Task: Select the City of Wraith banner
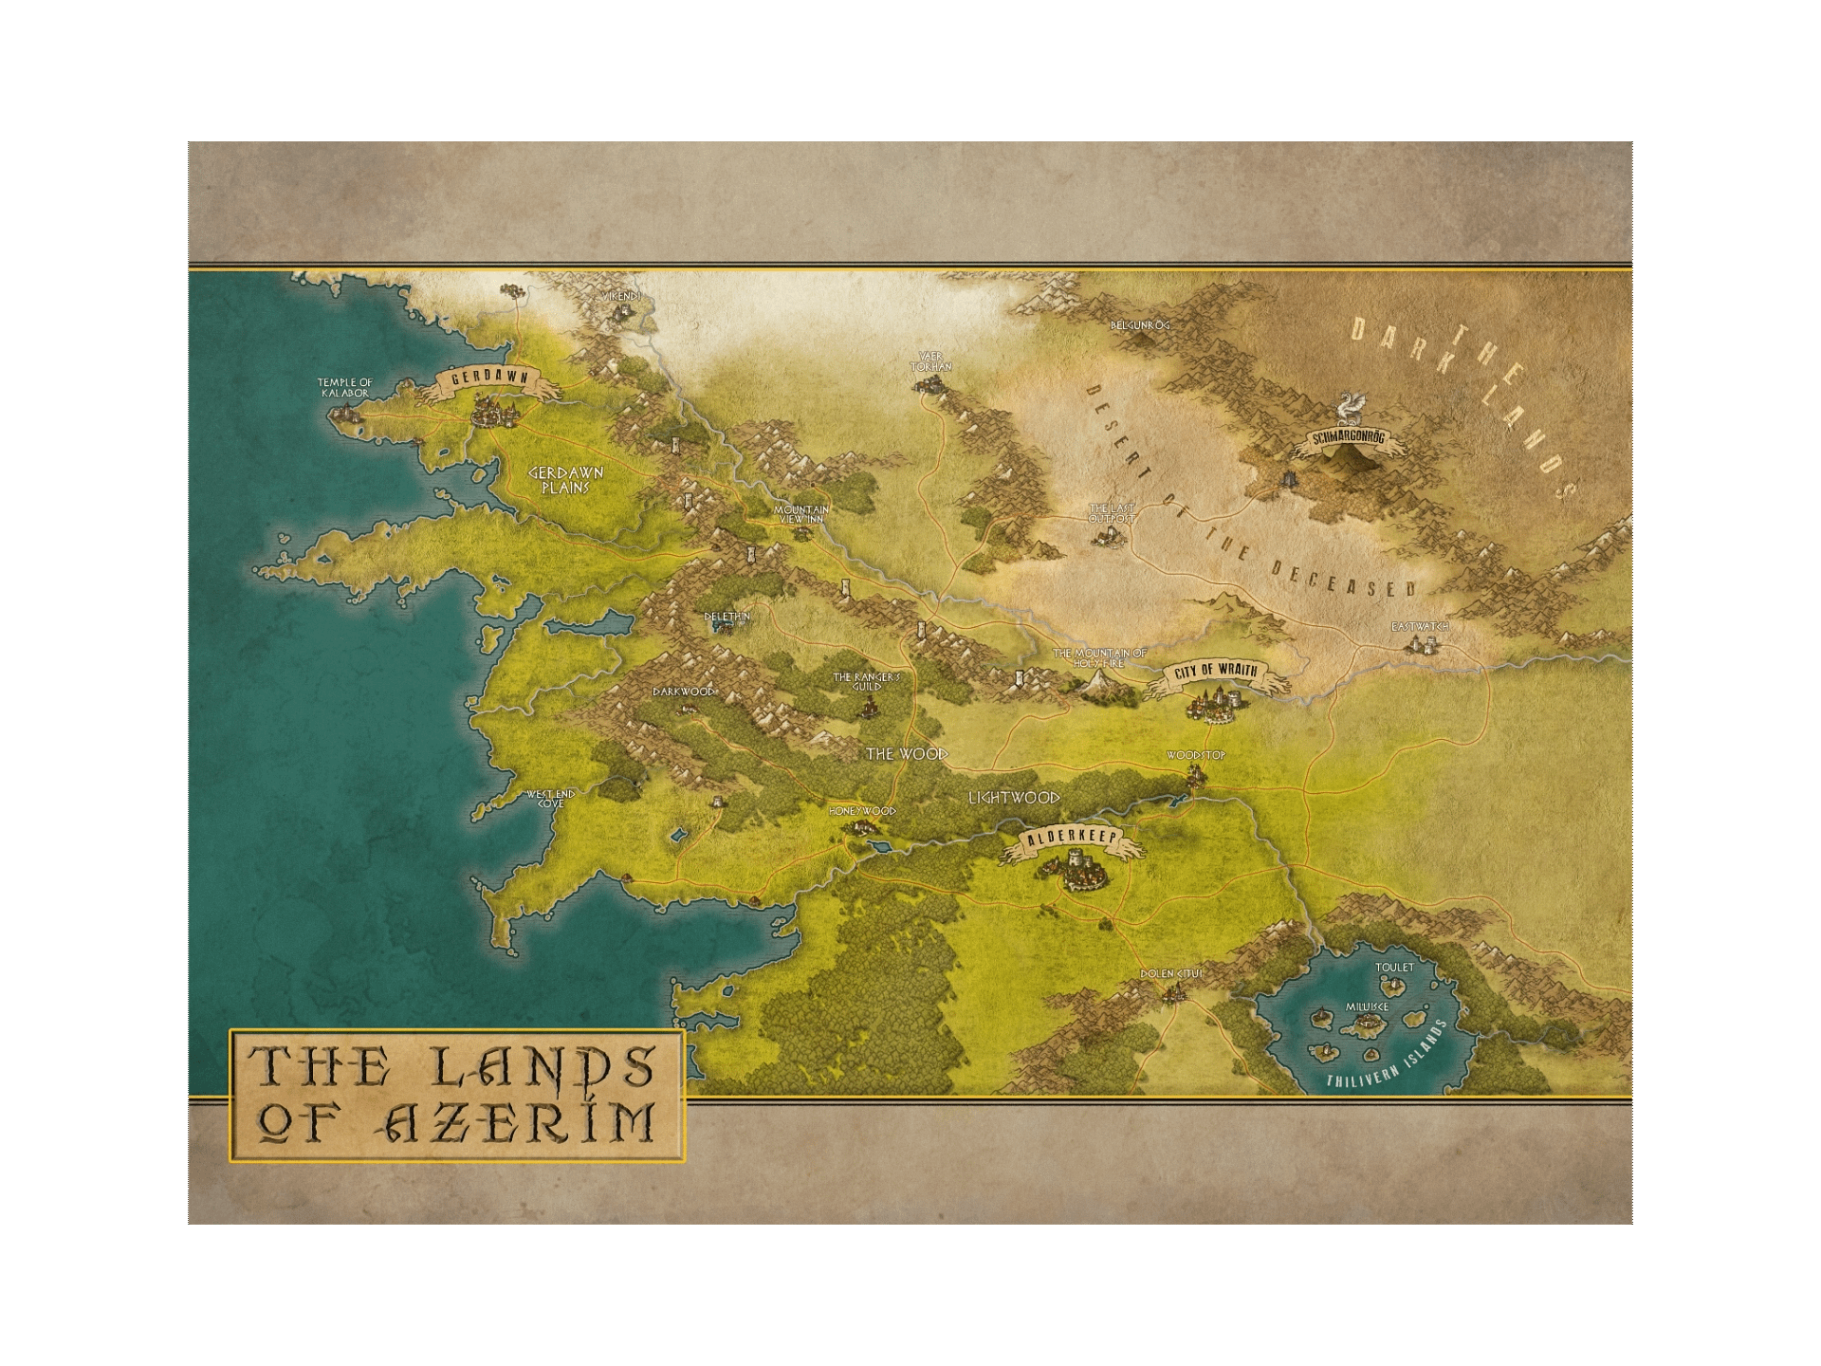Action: tap(1216, 672)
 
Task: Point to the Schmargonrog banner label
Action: tap(1347, 438)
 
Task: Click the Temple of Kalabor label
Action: tap(345, 387)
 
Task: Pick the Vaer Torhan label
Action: tap(930, 361)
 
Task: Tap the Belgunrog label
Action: tap(1140, 325)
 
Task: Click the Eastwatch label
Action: tap(1420, 627)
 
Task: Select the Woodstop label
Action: tap(1196, 755)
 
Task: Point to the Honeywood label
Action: tap(862, 811)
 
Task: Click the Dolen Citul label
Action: tap(1171, 974)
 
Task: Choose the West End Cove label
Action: tap(551, 799)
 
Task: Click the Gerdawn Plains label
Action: tap(566, 480)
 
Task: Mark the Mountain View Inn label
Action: tap(801, 514)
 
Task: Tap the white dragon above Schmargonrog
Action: tap(1348, 408)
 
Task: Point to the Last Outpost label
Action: tap(1112, 513)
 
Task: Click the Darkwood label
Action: tap(684, 692)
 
